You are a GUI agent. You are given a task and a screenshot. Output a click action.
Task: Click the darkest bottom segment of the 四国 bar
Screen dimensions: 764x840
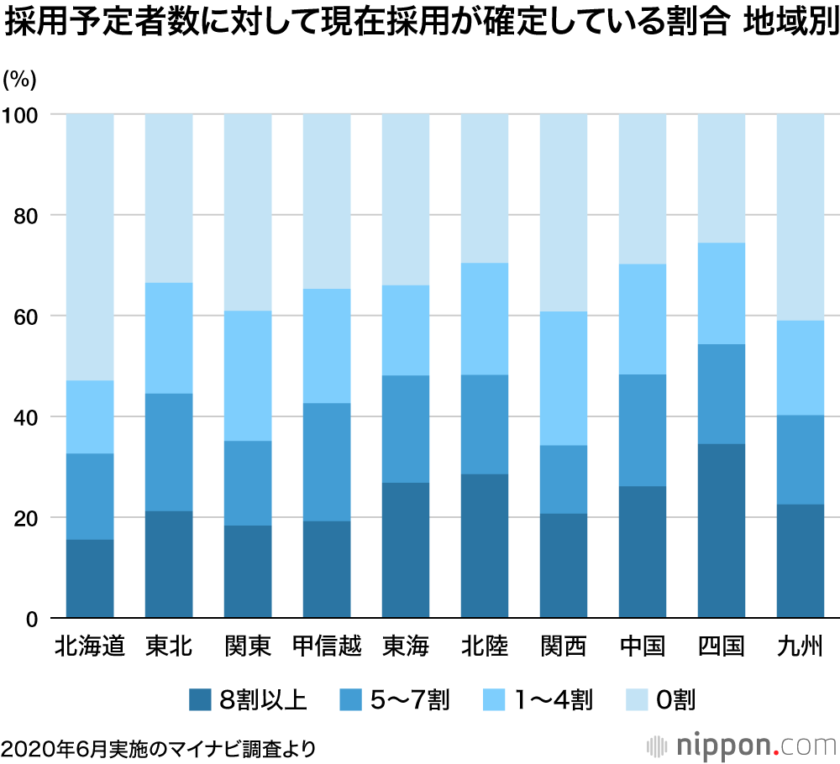click(x=722, y=531)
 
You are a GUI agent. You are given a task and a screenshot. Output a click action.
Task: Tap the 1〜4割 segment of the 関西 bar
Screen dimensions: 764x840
click(x=564, y=378)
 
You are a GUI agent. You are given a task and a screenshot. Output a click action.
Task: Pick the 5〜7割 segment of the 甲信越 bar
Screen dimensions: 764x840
click(x=327, y=462)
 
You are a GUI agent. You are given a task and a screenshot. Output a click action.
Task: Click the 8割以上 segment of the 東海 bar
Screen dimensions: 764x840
click(x=406, y=550)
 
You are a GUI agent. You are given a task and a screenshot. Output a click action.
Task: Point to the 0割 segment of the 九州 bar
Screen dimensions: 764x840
click(x=801, y=217)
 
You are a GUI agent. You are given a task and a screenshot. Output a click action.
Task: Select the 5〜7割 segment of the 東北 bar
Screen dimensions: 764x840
click(x=169, y=452)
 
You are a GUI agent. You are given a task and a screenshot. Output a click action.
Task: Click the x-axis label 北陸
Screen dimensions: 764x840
click(x=485, y=646)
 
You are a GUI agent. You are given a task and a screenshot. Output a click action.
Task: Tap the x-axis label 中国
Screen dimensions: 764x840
click(x=643, y=646)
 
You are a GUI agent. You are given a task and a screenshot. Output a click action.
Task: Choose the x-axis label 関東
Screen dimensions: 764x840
click(x=248, y=646)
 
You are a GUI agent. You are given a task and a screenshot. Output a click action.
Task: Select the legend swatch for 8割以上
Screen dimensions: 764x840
click(x=200, y=698)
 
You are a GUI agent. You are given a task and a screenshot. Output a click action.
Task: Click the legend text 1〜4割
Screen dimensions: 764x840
click(x=554, y=698)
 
